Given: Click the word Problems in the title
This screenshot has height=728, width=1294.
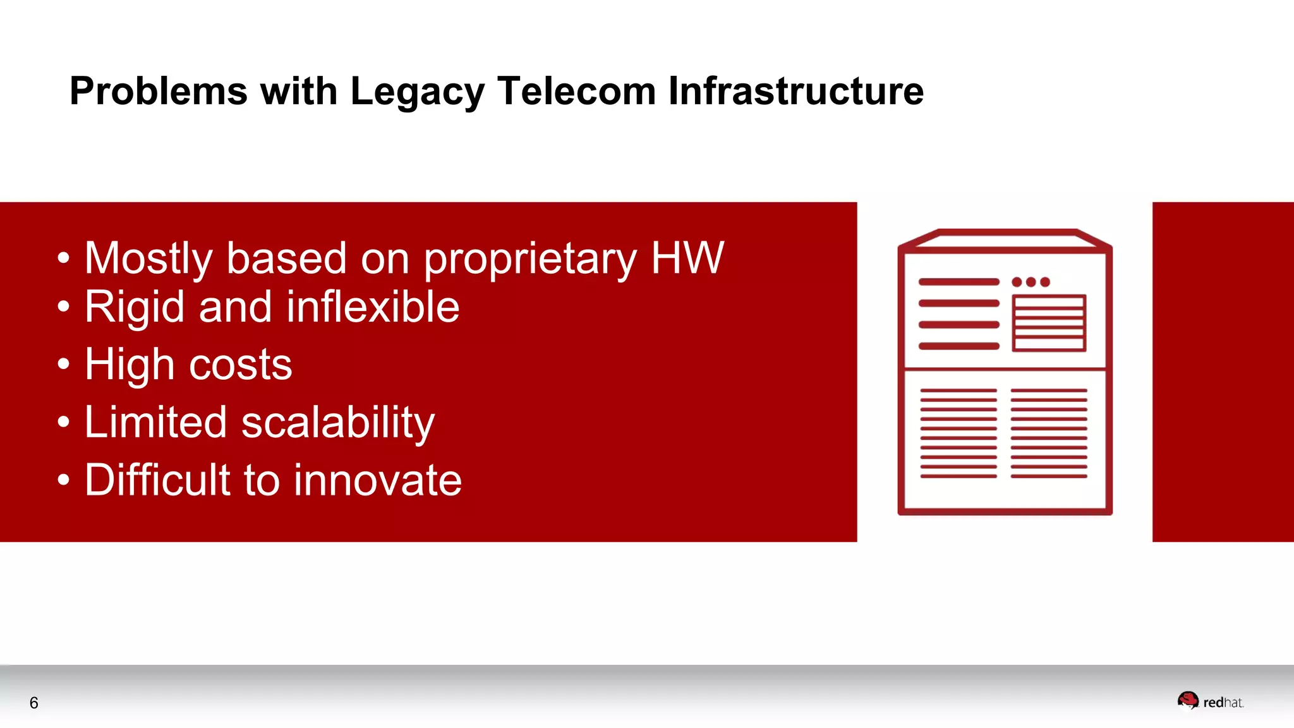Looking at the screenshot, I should [158, 91].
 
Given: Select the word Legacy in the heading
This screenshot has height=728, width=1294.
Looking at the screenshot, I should [417, 92].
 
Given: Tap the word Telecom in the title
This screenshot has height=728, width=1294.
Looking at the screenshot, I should [576, 91].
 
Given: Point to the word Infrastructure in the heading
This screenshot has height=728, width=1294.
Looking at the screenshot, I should [795, 91].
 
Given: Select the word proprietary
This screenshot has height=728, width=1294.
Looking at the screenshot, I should [530, 260].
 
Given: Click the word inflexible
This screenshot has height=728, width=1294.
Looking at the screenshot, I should [373, 307].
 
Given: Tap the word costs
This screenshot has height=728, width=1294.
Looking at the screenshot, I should [241, 365].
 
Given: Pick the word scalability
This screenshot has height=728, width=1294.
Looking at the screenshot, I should [338, 423].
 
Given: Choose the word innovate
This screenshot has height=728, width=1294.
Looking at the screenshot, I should [378, 480].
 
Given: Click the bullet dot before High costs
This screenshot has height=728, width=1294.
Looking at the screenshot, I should [63, 364].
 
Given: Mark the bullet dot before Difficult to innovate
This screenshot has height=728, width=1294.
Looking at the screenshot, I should [63, 480].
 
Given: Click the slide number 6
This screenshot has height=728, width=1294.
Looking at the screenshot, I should [34, 703].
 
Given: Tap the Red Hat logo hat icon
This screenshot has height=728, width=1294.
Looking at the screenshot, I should [1188, 700].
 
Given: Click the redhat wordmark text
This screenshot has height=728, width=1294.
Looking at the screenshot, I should [1223, 703].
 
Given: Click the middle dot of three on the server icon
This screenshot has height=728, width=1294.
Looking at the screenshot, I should [1031, 282].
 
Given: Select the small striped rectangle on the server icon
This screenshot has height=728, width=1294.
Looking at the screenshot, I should [1049, 323].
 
